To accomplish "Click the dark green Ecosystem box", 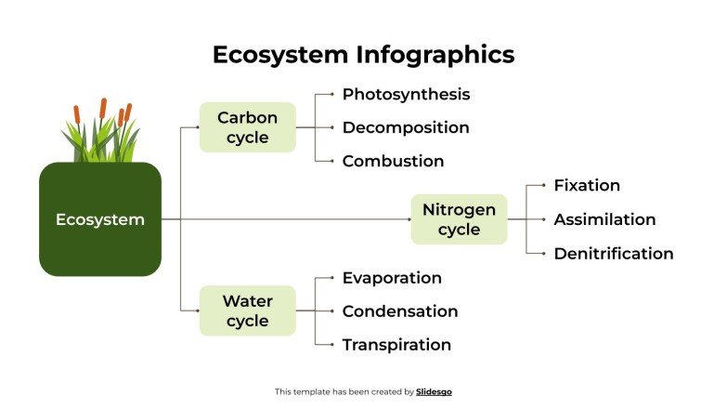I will [x=100, y=219].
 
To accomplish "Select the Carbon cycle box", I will [x=248, y=127].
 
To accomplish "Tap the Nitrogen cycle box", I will [x=459, y=219].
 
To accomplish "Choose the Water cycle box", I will [x=248, y=310].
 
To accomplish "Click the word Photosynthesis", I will [x=406, y=95].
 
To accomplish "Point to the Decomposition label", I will [x=406, y=127].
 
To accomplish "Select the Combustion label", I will [x=393, y=161].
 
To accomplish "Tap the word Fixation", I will [x=587, y=186].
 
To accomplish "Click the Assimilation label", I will [x=604, y=219].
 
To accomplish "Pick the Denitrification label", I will [x=613, y=253].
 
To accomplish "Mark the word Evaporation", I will [x=392, y=278].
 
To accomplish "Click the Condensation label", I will [x=400, y=311].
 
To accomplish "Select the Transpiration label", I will [x=396, y=345].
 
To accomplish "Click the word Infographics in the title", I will [x=435, y=55].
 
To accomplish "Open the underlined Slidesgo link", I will [x=434, y=392].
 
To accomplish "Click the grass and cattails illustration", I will [x=100, y=135].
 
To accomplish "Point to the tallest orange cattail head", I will [x=104, y=109].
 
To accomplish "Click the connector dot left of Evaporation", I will [x=332, y=278].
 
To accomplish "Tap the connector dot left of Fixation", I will [x=544, y=186].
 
